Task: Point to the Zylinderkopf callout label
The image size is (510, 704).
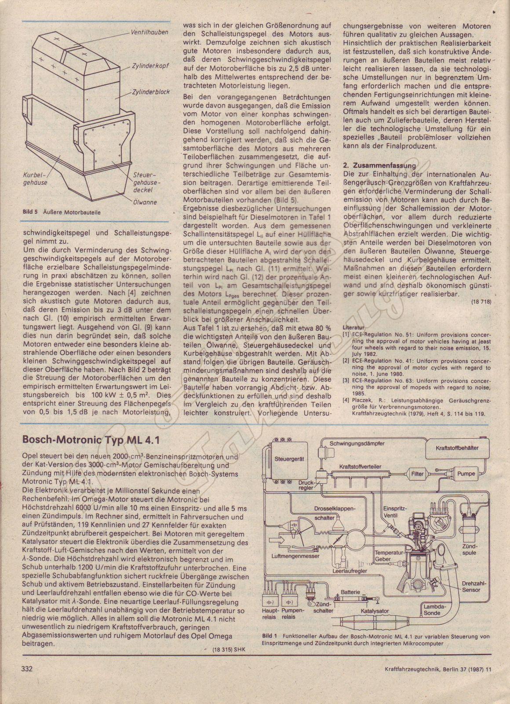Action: click(150, 66)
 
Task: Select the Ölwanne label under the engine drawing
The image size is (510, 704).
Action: click(145, 202)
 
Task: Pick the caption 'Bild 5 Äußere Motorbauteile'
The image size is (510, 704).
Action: click(62, 212)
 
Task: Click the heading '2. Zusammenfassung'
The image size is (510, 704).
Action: click(379, 165)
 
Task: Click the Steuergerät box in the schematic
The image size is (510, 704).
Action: click(289, 459)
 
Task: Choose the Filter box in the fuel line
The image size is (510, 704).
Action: click(417, 474)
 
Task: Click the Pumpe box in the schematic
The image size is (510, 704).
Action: click(466, 474)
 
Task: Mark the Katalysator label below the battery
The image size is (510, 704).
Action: click(375, 611)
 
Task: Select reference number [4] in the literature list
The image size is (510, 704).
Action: click(346, 400)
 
